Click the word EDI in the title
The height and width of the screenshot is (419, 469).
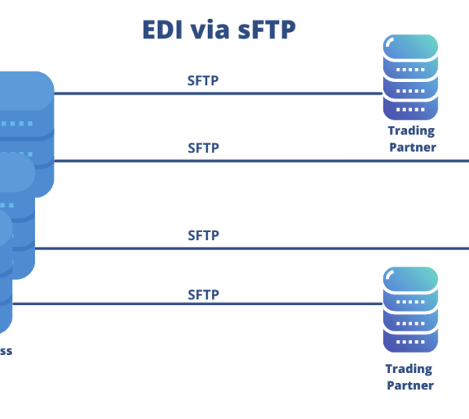163,29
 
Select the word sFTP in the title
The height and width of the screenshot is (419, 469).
268,29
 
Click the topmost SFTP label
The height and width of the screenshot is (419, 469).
203,81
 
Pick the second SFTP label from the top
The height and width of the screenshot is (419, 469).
203,148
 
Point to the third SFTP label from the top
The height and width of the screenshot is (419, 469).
203,235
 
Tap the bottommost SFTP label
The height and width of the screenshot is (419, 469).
203,295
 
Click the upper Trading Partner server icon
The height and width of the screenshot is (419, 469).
410,77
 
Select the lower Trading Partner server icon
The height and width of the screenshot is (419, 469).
410,310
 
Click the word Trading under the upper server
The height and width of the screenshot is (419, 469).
410,131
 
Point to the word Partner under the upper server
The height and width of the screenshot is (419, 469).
412,146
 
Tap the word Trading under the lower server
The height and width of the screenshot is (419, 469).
409,368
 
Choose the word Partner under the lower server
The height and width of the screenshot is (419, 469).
410,385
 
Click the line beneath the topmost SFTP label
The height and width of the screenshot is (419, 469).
219,94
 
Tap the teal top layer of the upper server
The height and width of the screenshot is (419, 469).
410,45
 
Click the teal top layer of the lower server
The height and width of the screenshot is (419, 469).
410,278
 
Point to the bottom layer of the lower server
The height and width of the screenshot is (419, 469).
410,342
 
